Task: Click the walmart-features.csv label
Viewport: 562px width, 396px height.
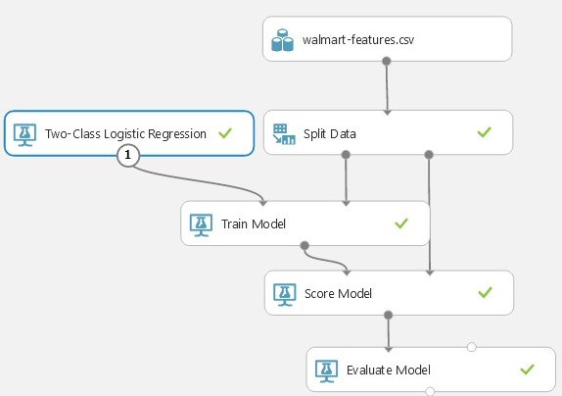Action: pos(358,39)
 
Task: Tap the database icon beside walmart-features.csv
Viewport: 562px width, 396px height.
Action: pos(282,40)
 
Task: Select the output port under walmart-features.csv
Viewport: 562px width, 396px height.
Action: pos(387,61)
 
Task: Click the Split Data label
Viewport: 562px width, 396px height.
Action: pos(329,133)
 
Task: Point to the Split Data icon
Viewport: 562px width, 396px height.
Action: pos(284,133)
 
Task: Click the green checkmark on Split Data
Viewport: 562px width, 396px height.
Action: pos(485,132)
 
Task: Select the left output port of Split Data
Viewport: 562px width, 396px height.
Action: pos(346,155)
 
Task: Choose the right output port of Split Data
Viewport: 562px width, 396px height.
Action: pos(429,155)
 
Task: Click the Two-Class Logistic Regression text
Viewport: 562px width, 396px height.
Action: pos(125,133)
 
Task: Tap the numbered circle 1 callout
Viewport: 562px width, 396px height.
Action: pos(128,155)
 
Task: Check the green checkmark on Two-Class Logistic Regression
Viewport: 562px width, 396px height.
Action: pos(225,133)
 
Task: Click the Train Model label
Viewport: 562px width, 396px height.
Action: pos(254,223)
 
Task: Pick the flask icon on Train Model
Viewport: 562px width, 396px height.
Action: pos(201,225)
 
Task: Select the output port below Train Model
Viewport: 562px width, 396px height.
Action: pos(304,246)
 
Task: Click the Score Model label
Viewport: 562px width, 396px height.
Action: pos(338,293)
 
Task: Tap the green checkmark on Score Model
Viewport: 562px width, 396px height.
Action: pos(485,292)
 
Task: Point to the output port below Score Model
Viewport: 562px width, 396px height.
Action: pos(388,315)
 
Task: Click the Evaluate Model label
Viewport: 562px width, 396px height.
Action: pos(389,370)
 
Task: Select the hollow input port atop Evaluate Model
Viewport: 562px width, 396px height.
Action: pos(471,347)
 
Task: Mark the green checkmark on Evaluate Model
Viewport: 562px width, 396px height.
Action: pos(527,370)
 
